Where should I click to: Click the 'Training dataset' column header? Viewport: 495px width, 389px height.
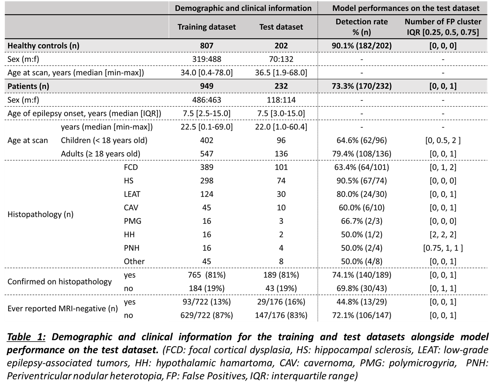click(207, 27)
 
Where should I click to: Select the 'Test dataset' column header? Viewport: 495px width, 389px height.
click(281, 27)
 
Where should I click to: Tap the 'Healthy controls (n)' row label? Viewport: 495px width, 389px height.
click(43, 46)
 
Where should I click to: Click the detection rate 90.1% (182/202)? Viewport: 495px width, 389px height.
click(362, 46)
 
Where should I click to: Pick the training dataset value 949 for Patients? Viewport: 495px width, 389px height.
click(207, 86)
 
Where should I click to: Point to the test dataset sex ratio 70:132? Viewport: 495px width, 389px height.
click(281, 59)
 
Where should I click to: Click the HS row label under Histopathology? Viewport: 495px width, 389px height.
click(128, 180)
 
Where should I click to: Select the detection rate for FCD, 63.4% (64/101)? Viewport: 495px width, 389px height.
click(362, 167)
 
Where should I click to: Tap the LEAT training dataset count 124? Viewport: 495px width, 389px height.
click(207, 194)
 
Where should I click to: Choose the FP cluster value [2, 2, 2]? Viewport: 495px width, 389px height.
click(443, 234)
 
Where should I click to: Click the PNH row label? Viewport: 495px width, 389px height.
click(132, 248)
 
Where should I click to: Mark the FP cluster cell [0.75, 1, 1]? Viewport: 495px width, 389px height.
click(443, 248)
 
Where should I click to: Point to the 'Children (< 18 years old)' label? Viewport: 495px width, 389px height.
click(104, 140)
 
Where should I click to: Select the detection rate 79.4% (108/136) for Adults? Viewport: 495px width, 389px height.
click(362, 154)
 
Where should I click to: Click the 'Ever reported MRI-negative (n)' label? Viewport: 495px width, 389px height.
click(63, 308)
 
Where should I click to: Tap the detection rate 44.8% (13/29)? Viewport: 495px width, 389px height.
click(362, 302)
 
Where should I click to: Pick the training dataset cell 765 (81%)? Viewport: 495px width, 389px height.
click(207, 275)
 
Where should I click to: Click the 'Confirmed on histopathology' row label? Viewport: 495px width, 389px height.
click(59, 281)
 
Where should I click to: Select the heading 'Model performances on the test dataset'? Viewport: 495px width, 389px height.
click(406, 8)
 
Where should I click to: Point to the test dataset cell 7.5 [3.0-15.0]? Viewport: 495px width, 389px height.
click(281, 113)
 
